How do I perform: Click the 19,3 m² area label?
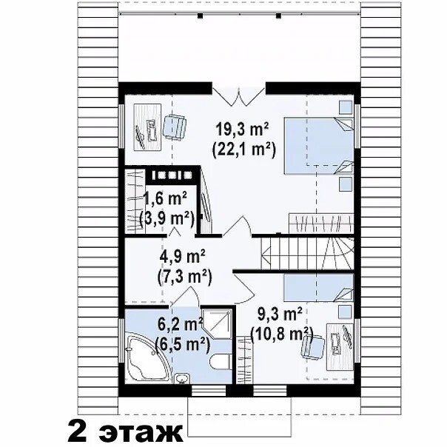(243, 130)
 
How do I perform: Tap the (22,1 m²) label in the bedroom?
(243, 149)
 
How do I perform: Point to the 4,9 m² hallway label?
(183, 256)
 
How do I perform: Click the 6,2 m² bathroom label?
(180, 324)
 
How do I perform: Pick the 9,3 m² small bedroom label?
(280, 315)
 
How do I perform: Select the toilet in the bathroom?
(220, 362)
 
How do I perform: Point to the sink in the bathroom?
(181, 379)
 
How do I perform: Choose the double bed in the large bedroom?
(319, 146)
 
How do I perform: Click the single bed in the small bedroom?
(319, 287)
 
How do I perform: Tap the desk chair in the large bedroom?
(174, 127)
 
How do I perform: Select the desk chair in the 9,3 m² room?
(313, 347)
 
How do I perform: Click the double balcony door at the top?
(239, 96)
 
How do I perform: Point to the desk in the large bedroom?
(147, 127)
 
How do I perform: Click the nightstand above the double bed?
(346, 107)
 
